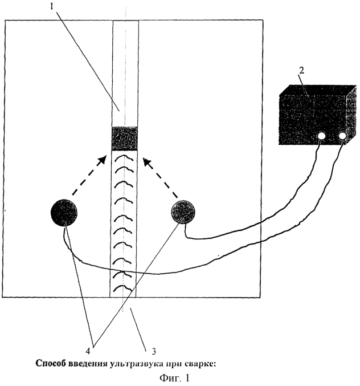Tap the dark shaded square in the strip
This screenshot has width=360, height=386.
(x=124, y=139)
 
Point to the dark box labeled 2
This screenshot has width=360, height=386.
(x=312, y=114)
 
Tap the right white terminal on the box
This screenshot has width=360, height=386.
(x=343, y=136)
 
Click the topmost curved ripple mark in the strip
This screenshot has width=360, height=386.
(x=124, y=155)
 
